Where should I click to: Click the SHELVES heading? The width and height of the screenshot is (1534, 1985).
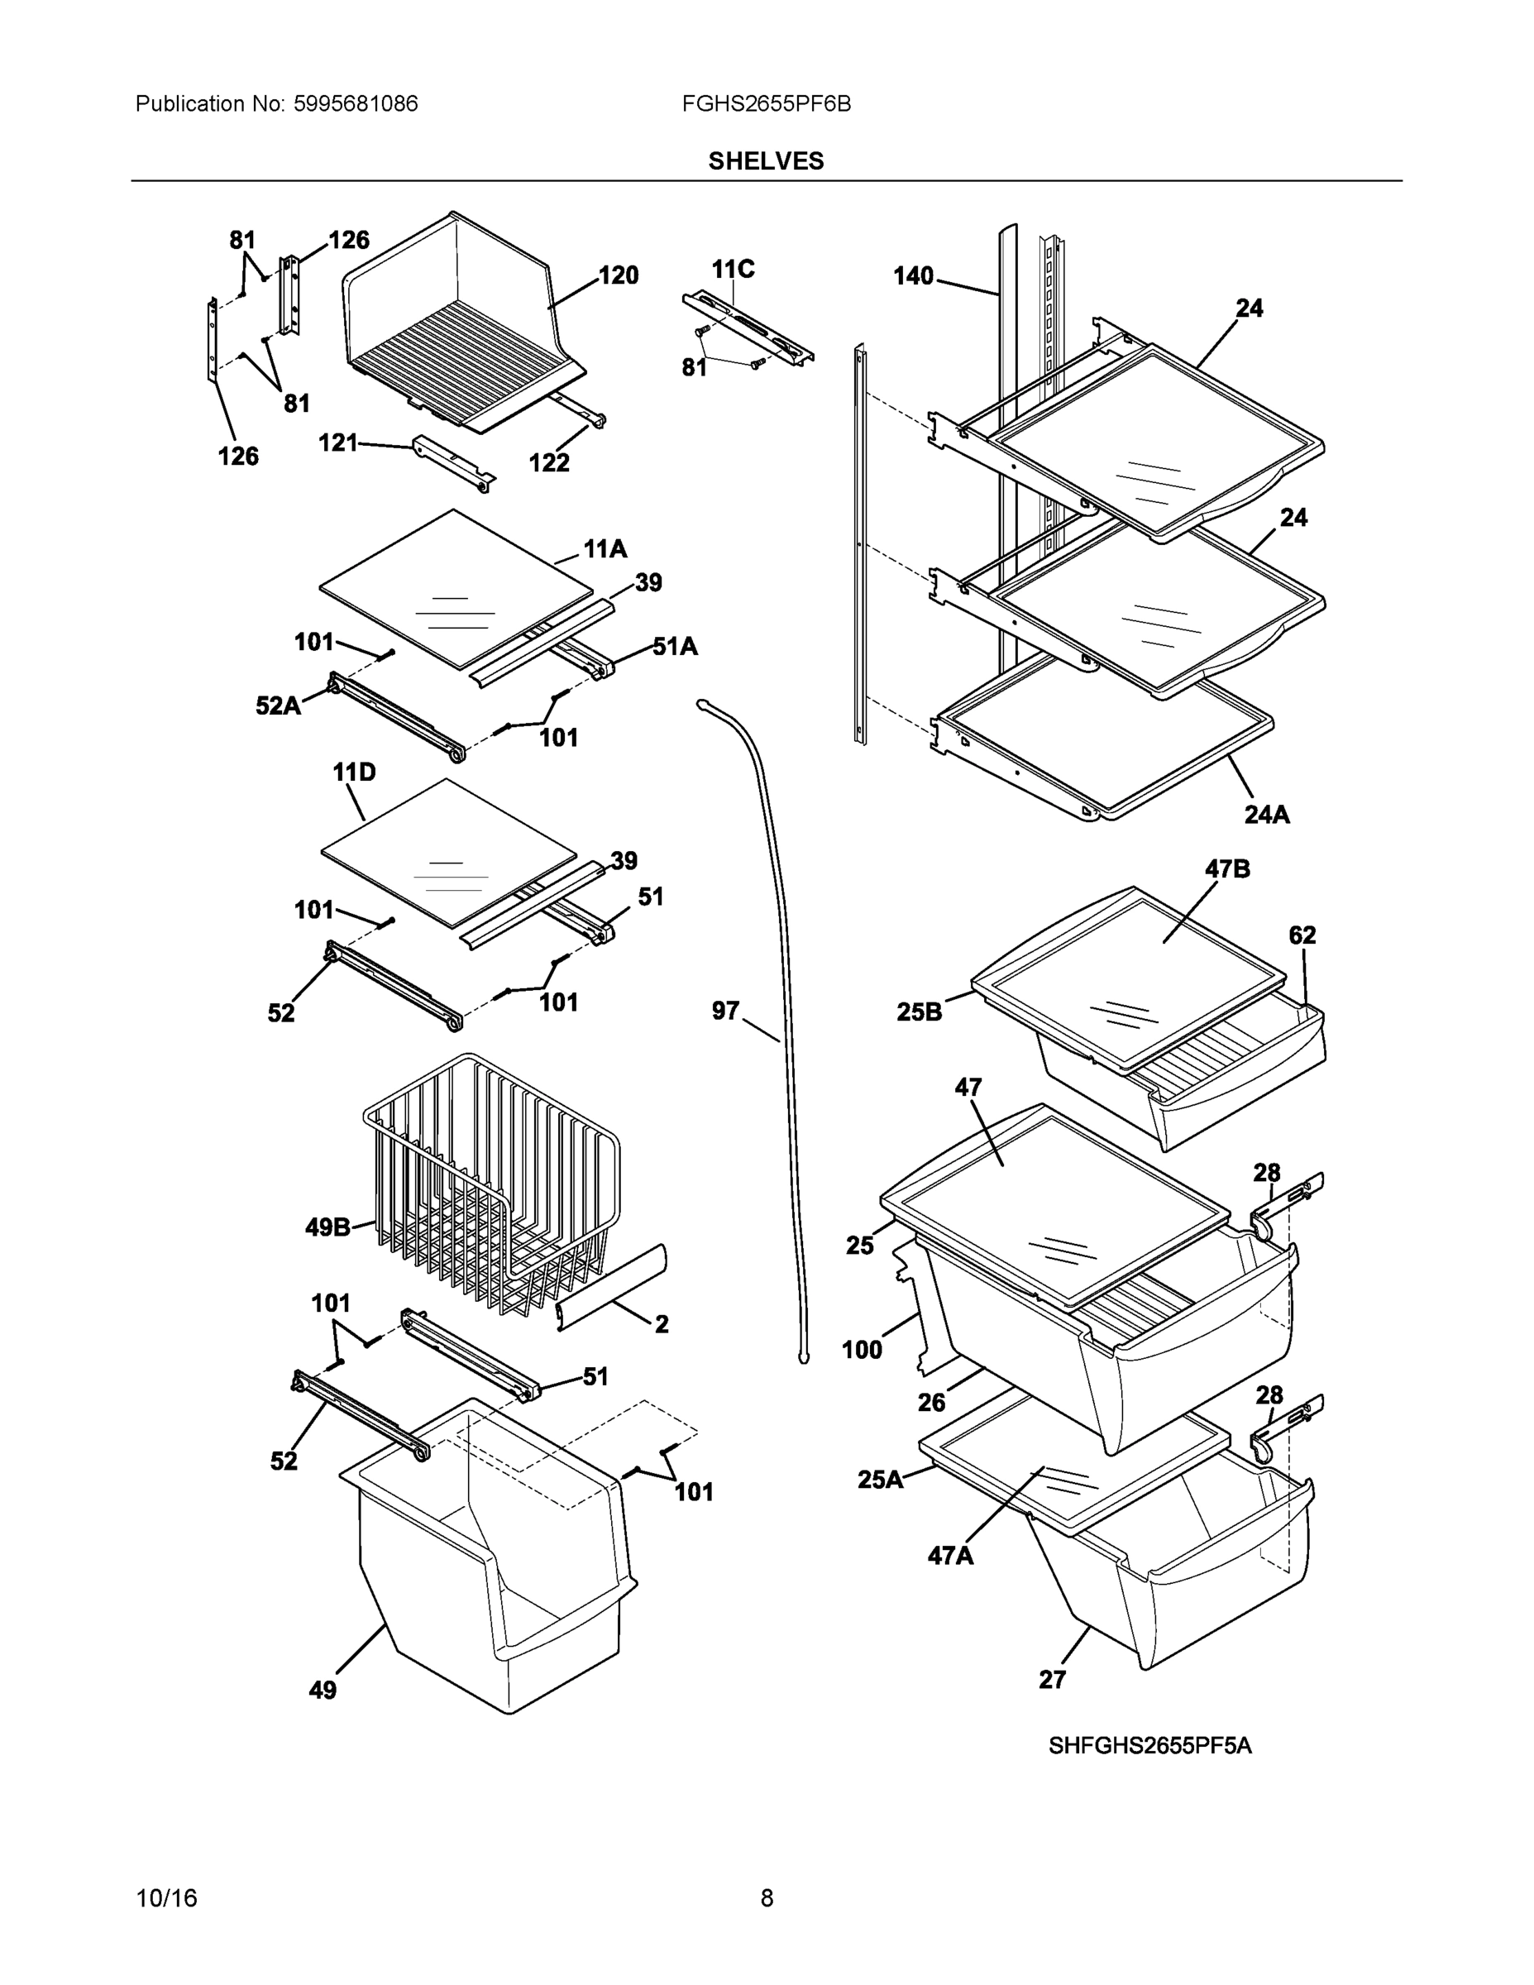click(765, 161)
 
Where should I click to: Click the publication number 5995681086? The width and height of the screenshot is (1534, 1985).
click(356, 103)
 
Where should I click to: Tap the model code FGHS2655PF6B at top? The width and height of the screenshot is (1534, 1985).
click(766, 103)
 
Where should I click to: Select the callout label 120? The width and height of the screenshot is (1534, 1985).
click(618, 275)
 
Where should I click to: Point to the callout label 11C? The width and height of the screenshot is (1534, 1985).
click(733, 269)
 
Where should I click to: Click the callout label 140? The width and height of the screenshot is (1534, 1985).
click(913, 275)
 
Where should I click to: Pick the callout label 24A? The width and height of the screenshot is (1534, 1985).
click(1267, 815)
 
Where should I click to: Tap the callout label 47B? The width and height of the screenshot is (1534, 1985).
click(1227, 869)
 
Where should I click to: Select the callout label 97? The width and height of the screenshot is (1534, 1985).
click(725, 1011)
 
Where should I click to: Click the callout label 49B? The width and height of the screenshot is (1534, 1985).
click(327, 1228)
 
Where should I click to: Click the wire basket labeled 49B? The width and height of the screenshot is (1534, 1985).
click(490, 1182)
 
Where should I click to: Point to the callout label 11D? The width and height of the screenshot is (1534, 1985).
click(353, 772)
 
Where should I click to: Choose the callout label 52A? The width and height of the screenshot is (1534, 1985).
click(278, 706)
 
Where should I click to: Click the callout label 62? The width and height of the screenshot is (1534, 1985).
click(1302, 935)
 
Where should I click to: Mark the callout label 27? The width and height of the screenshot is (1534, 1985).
click(1051, 1680)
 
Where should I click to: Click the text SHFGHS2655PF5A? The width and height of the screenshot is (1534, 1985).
click(1149, 1746)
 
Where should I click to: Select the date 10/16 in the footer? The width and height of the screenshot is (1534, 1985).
click(166, 1898)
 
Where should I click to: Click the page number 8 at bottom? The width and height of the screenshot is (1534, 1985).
click(766, 1898)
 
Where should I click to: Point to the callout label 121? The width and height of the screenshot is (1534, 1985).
click(337, 442)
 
